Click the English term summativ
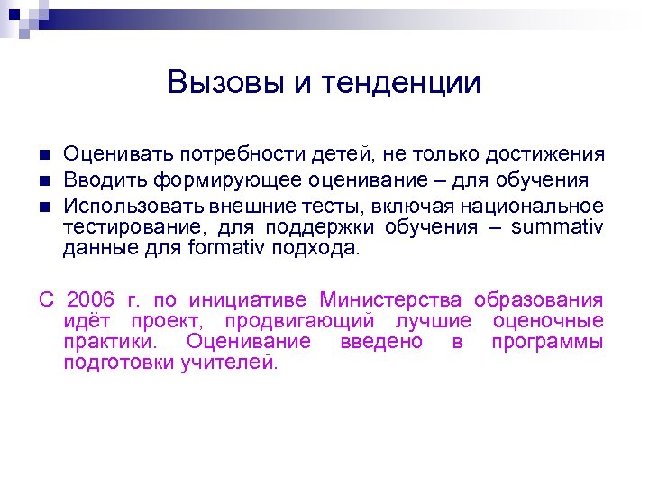(557, 227)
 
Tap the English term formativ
(224, 248)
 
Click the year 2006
(91, 300)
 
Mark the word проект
(165, 322)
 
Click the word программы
(547, 343)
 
